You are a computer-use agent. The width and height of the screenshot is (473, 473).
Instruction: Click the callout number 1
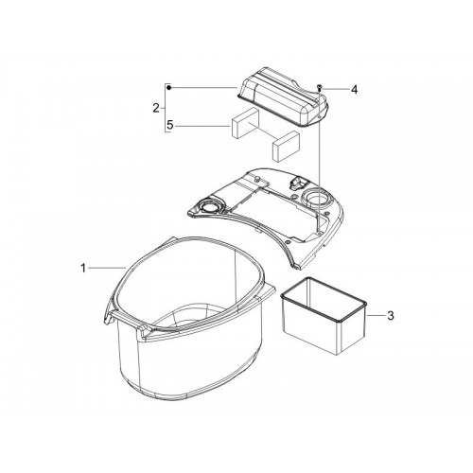pyautogui.click(x=83, y=269)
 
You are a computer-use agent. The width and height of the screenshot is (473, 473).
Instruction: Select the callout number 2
pyautogui.click(x=156, y=108)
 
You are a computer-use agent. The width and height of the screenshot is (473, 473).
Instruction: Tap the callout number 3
pyautogui.click(x=391, y=315)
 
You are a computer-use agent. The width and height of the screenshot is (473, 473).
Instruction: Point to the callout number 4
pyautogui.click(x=355, y=90)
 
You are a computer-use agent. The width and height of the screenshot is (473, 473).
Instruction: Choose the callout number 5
pyautogui.click(x=170, y=126)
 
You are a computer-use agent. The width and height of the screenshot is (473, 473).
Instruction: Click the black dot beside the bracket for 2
pyautogui.click(x=169, y=87)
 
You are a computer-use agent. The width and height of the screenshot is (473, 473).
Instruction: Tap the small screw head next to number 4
pyautogui.click(x=319, y=88)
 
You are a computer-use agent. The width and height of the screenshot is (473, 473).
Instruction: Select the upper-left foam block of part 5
pyautogui.click(x=246, y=124)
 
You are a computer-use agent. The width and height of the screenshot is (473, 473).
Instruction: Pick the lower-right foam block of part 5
pyautogui.click(x=286, y=147)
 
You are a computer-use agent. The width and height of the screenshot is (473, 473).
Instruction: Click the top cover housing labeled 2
pyautogui.click(x=283, y=96)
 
